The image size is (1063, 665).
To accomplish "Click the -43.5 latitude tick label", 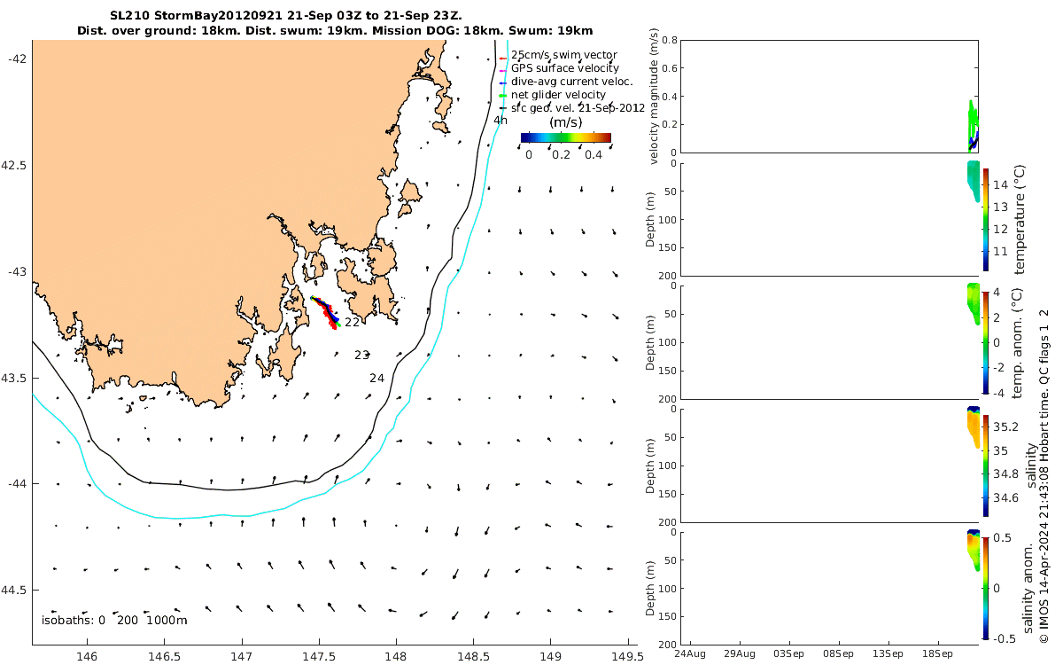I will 15,379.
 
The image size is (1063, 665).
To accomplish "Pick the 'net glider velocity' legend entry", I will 558,95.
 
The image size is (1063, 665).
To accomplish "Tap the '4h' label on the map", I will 500,121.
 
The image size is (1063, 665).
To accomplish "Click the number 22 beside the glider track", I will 352,323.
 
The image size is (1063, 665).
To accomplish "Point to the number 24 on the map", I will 376,379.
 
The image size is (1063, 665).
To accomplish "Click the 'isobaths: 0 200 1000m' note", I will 114,620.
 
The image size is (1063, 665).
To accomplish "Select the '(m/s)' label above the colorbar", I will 566,122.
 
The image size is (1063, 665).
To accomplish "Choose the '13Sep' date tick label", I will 888,654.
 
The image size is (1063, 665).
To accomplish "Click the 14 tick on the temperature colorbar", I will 999,184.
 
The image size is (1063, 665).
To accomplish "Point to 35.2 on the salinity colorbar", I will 1006,426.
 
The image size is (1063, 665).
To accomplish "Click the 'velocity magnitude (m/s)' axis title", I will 656,96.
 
